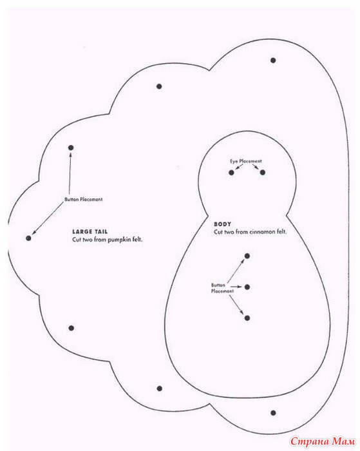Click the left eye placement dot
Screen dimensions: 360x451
pos(231,173)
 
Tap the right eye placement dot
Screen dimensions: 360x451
pos(263,173)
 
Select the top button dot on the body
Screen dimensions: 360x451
pos(247,256)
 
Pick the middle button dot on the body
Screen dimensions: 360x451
pos(247,287)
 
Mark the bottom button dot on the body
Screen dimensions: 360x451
pos(247,318)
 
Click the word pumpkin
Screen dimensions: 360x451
pos(118,240)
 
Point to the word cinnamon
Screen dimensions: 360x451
pos(261,231)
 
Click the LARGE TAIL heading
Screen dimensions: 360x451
pos(90,231)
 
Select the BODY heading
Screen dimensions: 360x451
pos(222,224)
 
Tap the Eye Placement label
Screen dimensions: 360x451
pos(245,161)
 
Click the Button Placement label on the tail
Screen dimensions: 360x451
pos(83,199)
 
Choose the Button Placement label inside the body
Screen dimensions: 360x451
pos(222,288)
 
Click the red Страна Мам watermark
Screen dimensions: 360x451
pos(323,441)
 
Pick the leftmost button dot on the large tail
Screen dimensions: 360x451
pos(28,238)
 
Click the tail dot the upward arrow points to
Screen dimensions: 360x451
pos(71,148)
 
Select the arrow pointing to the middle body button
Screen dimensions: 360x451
pos(236,287)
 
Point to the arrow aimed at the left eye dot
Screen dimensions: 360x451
pos(239,166)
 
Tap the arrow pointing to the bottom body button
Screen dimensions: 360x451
pos(237,305)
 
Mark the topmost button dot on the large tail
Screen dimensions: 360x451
pos(273,61)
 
